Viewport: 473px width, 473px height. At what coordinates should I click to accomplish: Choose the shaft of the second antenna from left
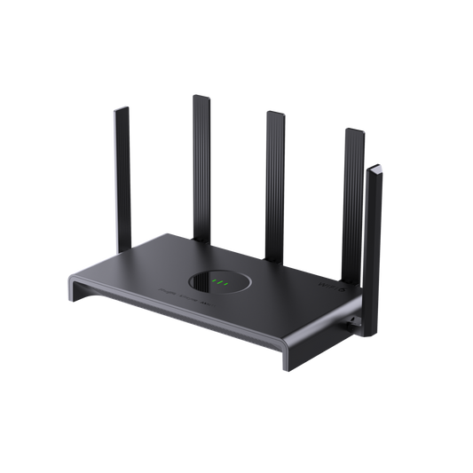point(199,160)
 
